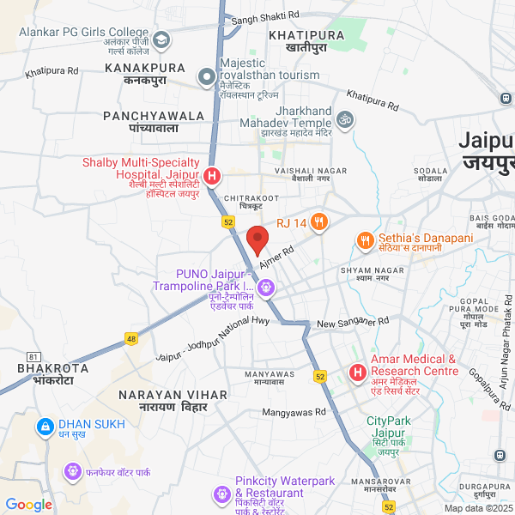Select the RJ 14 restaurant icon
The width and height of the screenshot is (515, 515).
319,223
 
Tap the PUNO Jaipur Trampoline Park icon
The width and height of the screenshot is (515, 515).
268,287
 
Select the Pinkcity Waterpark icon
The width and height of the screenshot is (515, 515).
221,494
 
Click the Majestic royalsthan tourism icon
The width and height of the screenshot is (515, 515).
206,78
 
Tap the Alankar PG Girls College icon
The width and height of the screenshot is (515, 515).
161,39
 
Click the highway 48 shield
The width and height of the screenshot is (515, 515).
131,338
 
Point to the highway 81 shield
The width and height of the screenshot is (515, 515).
33,356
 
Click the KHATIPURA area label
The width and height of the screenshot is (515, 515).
306,35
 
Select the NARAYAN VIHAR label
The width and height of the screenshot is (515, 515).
173,394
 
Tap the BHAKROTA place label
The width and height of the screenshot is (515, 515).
53,367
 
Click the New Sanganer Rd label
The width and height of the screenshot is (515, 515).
353,323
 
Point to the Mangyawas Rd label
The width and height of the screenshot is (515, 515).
294,413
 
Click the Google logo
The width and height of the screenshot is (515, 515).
28,505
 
